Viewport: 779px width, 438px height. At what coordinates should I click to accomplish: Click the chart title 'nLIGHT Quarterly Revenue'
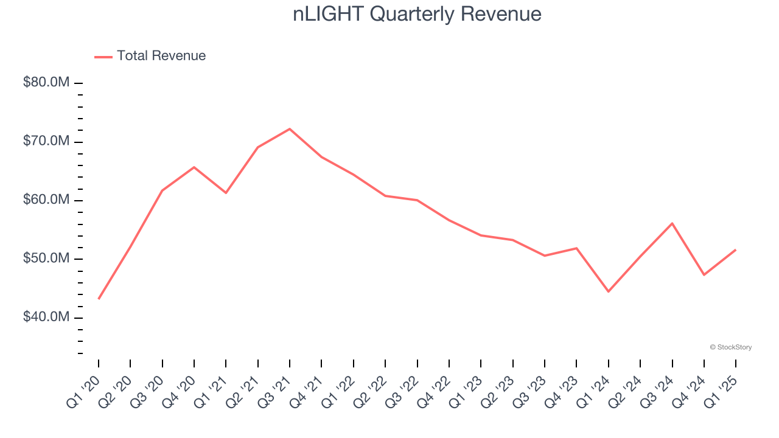coord(417,14)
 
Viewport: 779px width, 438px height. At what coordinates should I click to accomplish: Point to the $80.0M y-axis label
coord(46,82)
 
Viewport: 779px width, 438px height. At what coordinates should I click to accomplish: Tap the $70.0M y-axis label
coord(46,141)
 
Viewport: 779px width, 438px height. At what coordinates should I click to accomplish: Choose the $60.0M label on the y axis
coord(46,200)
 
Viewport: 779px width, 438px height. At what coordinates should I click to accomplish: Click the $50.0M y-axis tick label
coord(46,259)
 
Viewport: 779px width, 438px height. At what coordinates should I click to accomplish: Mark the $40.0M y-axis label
coord(46,318)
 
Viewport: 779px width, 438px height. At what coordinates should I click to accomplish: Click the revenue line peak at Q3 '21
coord(290,129)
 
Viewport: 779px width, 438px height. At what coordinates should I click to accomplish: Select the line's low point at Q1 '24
coord(608,291)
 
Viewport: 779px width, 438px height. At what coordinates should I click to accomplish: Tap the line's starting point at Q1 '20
coord(99,299)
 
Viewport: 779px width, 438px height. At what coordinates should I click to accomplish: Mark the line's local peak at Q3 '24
coord(672,223)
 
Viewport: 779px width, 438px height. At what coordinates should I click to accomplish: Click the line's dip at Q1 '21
coord(226,193)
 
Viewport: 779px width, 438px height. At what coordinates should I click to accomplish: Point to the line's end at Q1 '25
coord(735,250)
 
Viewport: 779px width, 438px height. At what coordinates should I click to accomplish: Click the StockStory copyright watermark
coord(730,347)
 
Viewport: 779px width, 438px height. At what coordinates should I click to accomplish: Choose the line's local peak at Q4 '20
coord(194,167)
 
